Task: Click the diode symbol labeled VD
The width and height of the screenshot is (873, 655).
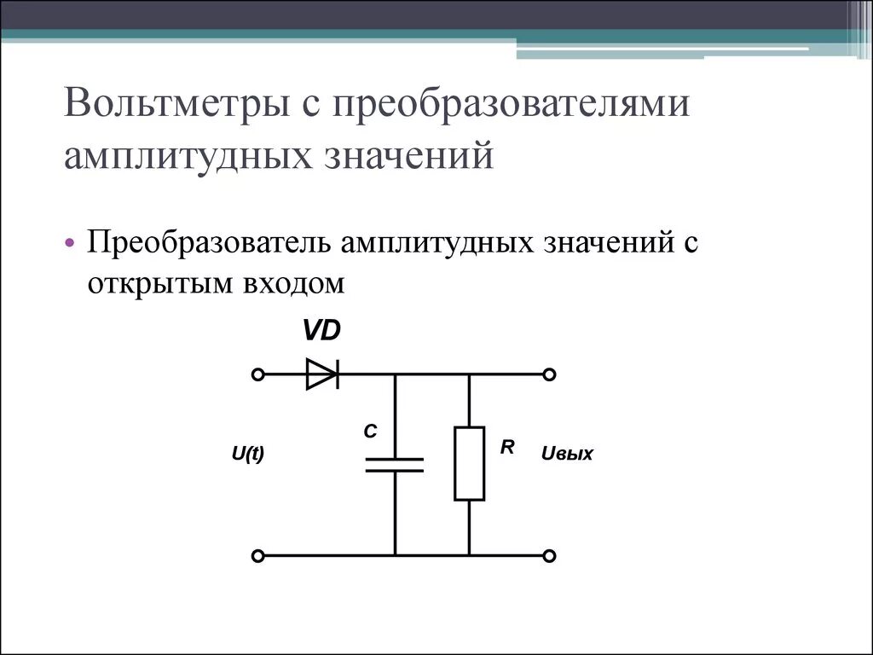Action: point(322,374)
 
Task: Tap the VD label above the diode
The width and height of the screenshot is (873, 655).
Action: point(322,330)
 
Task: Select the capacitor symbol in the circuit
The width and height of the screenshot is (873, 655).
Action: point(395,464)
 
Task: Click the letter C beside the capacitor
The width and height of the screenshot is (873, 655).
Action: point(370,432)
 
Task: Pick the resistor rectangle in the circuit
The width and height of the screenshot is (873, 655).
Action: point(469,463)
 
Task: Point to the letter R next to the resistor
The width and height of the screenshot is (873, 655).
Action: point(506,446)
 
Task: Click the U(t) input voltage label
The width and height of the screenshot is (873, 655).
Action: point(248,455)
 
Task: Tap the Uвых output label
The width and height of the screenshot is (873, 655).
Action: point(567,455)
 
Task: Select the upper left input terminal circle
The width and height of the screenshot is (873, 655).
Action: point(258,374)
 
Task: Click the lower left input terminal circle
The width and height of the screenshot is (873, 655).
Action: point(258,555)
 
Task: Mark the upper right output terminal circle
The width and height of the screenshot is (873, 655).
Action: point(550,374)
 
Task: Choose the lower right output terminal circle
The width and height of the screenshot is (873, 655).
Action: point(550,555)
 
